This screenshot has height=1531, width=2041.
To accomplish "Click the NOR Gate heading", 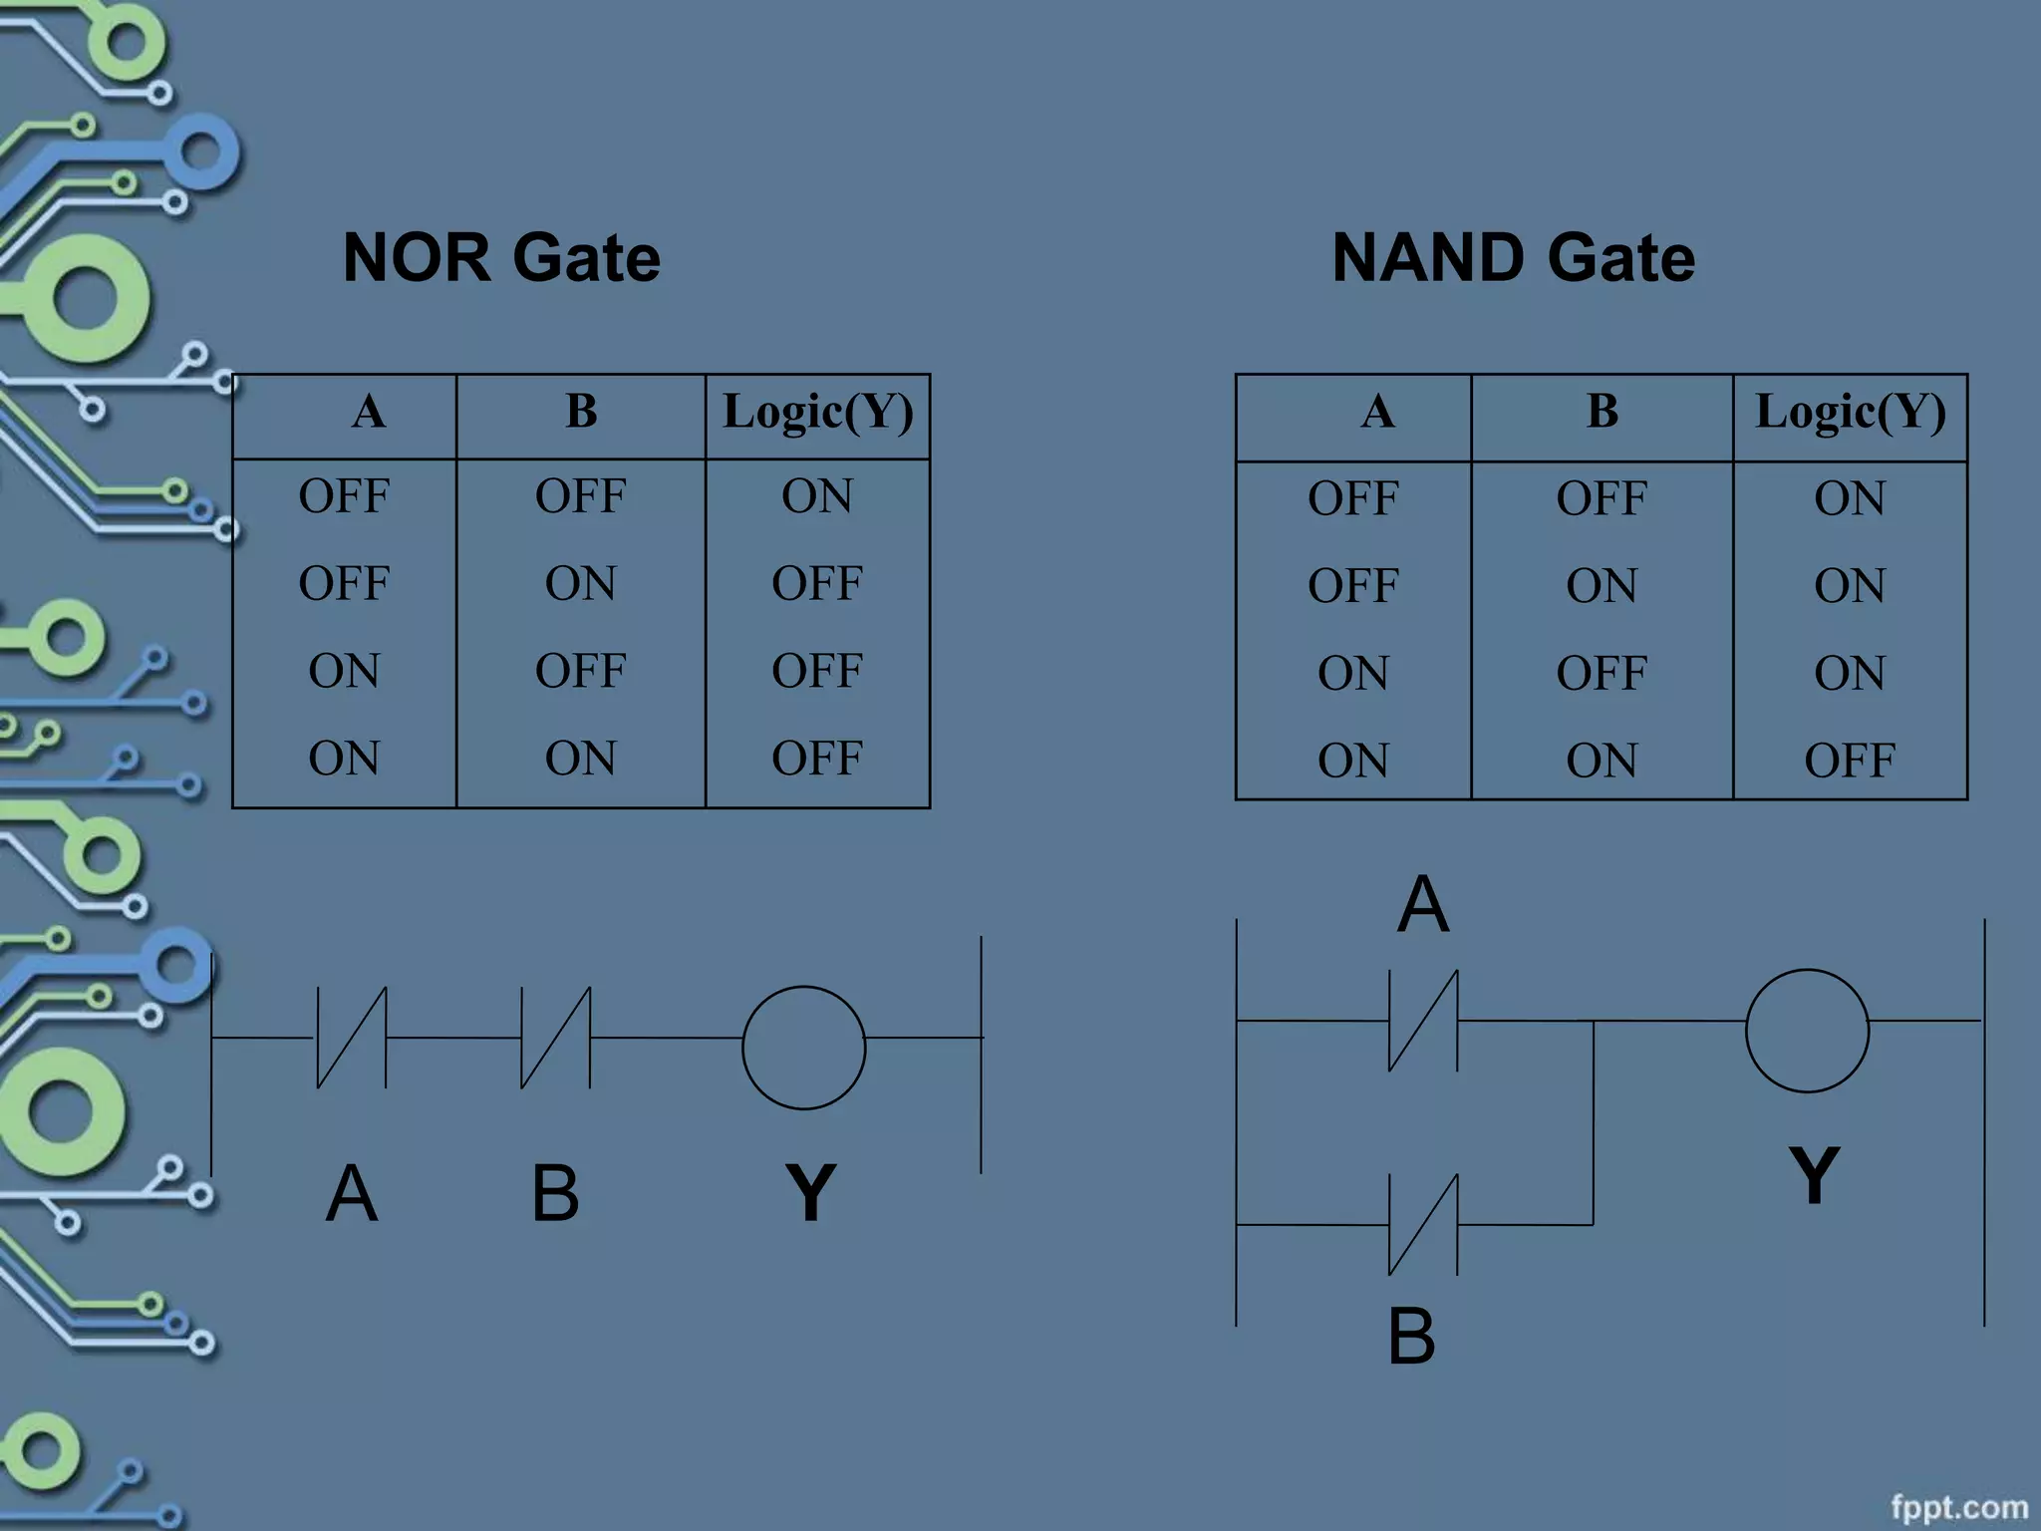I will point(501,257).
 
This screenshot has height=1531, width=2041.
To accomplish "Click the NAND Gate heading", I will point(1513,257).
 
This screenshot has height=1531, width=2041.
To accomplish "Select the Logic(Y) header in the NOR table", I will point(817,413).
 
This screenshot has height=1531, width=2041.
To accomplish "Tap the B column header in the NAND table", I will point(1602,411).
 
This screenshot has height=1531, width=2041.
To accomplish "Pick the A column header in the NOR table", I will point(368,411).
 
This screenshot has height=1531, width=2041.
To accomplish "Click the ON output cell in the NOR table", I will point(817,496).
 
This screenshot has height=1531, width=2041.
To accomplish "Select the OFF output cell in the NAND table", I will point(1849,761).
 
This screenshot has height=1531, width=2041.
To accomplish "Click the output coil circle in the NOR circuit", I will point(803,1048).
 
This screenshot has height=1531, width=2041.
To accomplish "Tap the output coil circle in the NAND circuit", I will point(1807,1030).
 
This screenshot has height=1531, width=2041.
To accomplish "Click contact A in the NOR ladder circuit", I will point(352,1038).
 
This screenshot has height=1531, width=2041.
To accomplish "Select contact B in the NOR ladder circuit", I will point(555,1038).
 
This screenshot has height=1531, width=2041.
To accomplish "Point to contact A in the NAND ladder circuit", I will point(1423,1021).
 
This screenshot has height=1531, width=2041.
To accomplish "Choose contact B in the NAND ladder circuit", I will point(1423,1224).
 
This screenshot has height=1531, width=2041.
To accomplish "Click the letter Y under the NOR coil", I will point(810,1192).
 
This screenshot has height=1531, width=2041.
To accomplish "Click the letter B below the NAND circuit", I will point(1411,1337).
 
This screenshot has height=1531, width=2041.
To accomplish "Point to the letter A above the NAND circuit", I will point(1422,904).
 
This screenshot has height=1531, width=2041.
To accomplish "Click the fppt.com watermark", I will point(1958,1506).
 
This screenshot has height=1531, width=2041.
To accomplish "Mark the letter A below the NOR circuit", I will point(352,1193).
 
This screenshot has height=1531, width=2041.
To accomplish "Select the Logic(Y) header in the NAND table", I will point(1850,413).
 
